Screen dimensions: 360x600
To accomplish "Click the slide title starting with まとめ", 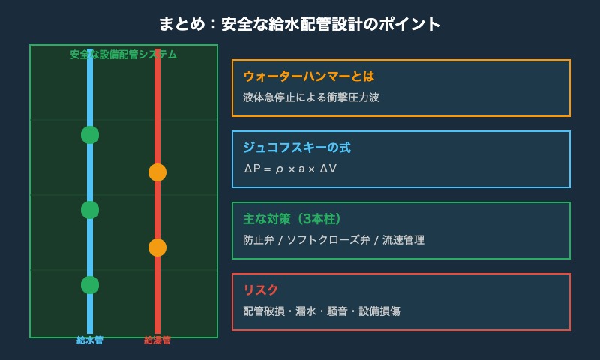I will (299, 24).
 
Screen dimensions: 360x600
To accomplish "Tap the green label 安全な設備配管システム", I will (124, 55).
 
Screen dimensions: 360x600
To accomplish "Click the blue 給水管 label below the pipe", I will (90, 340).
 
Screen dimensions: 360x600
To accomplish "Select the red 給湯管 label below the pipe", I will (157, 340).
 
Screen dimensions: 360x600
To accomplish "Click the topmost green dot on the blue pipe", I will (90, 135).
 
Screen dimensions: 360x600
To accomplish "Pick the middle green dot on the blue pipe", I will (90, 210).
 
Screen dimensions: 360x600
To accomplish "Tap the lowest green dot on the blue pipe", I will (90, 285).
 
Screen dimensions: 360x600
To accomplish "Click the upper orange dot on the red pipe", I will (157, 172).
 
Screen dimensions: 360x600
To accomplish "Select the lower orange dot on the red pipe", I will (157, 247).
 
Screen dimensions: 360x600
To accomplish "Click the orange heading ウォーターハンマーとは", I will (308, 76).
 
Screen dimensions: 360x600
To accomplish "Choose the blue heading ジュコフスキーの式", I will (297, 148).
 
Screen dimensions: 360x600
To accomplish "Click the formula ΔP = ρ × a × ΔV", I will (290, 169).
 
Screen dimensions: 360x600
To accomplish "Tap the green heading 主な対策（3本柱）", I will (292, 219).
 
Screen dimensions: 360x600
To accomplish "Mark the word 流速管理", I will (403, 240).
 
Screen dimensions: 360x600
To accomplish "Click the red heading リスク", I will (261, 290).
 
